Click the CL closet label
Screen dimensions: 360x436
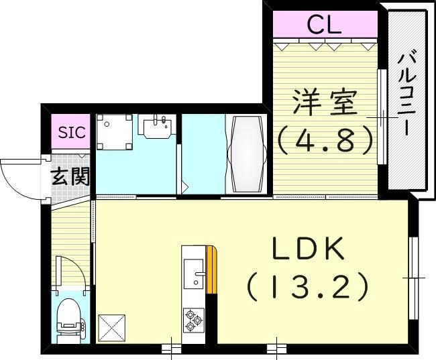(x=325, y=25)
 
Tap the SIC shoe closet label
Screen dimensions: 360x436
(x=71, y=132)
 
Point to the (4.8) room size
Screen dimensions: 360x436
(x=325, y=139)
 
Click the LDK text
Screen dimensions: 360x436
(x=309, y=251)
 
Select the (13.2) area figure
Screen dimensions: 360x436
(x=309, y=287)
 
